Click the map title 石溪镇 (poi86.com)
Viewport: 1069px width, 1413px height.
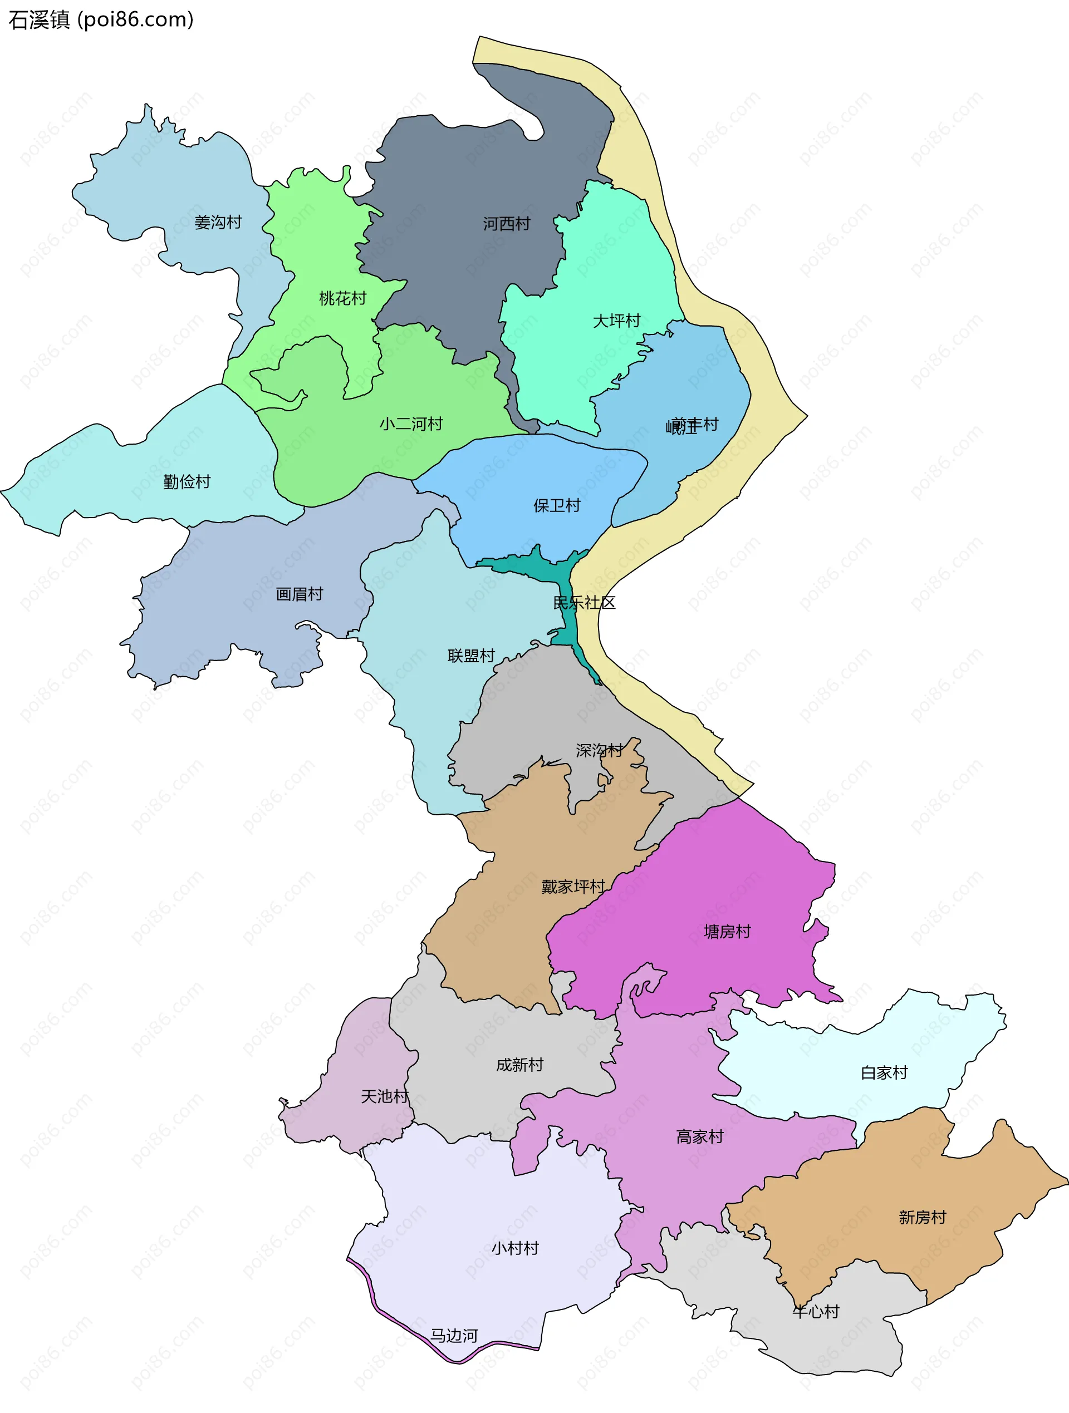pyautogui.click(x=101, y=20)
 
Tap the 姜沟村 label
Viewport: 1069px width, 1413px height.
pyautogui.click(x=218, y=222)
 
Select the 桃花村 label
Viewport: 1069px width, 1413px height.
pyautogui.click(x=342, y=298)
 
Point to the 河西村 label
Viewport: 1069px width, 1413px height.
pyautogui.click(x=506, y=224)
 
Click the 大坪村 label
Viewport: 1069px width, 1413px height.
pyautogui.click(x=616, y=321)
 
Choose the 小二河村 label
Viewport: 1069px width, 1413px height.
pyautogui.click(x=411, y=424)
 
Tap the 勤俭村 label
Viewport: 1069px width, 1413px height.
pyautogui.click(x=187, y=481)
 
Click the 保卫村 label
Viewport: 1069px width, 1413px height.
pyautogui.click(x=557, y=506)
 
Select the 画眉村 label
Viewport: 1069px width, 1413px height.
pyautogui.click(x=299, y=594)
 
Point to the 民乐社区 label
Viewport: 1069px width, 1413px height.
pyautogui.click(x=584, y=602)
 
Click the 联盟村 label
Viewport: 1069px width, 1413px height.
pyautogui.click(x=471, y=656)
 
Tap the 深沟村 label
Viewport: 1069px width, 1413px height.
pyautogui.click(x=599, y=750)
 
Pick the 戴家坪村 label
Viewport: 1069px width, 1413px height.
pyautogui.click(x=572, y=887)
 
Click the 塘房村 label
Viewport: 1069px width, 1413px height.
pyautogui.click(x=727, y=932)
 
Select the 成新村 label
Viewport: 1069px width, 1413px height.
pyautogui.click(x=519, y=1065)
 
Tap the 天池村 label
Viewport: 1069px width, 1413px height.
pyautogui.click(x=384, y=1097)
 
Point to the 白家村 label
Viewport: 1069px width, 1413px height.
pyautogui.click(x=884, y=1072)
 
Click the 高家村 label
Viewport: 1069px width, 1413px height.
pyautogui.click(x=700, y=1136)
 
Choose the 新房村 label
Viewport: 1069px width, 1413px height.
pyautogui.click(x=922, y=1218)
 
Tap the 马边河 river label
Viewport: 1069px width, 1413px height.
pyautogui.click(x=454, y=1336)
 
